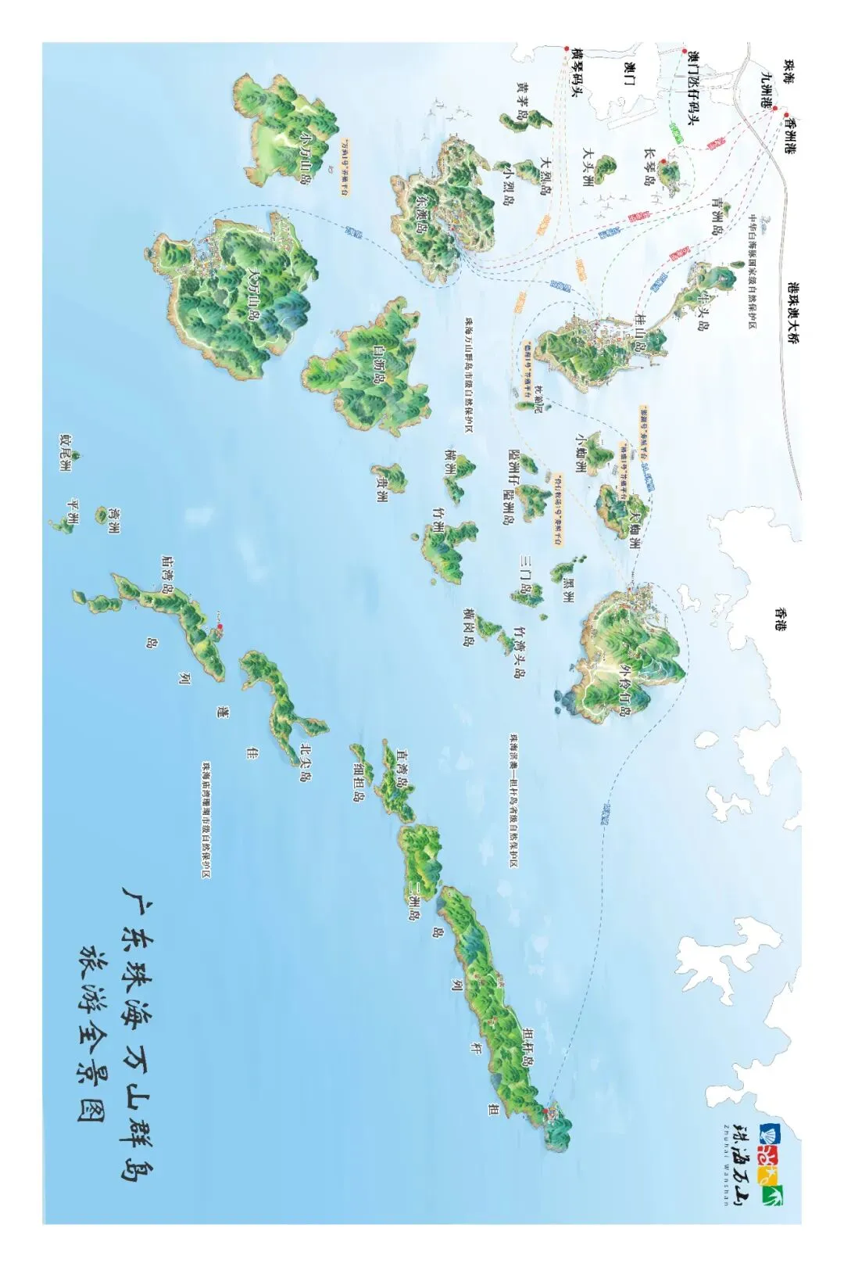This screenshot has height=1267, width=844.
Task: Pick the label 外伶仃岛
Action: [x=624, y=691]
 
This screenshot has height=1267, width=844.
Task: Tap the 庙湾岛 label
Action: [x=166, y=571]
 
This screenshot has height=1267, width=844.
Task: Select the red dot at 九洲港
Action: [x=774, y=108]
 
